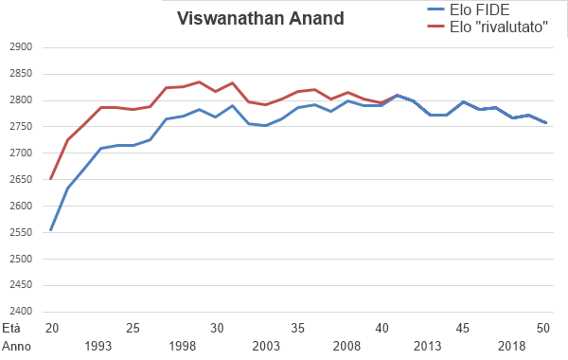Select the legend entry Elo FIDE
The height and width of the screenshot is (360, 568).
(464, 9)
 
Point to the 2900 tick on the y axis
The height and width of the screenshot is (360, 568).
(20, 47)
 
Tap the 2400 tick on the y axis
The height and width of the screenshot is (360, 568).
(20, 312)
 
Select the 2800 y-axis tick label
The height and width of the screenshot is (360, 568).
(20, 100)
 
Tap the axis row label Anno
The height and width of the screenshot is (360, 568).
(16, 347)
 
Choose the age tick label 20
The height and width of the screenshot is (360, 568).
(51, 329)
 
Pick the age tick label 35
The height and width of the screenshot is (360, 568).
(299, 329)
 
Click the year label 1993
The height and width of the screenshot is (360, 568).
(101, 347)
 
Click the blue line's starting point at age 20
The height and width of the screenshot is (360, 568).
(51, 230)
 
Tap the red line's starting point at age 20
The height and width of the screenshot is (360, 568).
(51, 178)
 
